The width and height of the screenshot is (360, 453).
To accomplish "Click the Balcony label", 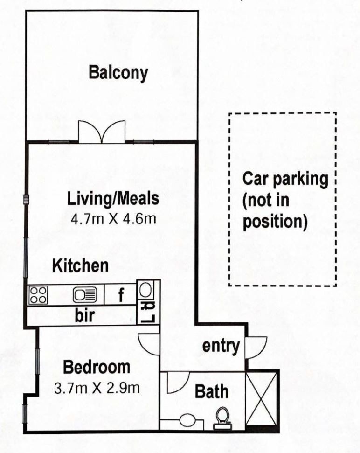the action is pyautogui.click(x=118, y=73).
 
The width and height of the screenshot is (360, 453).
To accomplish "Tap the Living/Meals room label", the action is pyautogui.click(x=113, y=199).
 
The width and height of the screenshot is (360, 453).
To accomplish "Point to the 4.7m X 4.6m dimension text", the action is pyautogui.click(x=113, y=219).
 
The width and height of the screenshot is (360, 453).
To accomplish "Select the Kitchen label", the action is pyautogui.click(x=80, y=266).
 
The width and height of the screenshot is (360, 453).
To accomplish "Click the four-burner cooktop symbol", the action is pyautogui.click(x=38, y=295).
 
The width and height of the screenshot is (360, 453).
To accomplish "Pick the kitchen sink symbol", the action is pyautogui.click(x=85, y=295).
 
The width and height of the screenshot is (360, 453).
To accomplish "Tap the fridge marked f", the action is pyautogui.click(x=120, y=295).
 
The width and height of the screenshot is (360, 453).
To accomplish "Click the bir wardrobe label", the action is pyautogui.click(x=84, y=315).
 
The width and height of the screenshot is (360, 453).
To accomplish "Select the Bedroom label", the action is pyautogui.click(x=97, y=367).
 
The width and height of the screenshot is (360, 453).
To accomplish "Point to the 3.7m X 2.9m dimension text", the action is pyautogui.click(x=97, y=388).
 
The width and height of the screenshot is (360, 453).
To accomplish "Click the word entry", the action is pyautogui.click(x=221, y=346).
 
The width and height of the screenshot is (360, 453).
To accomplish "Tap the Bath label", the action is pyautogui.click(x=212, y=391).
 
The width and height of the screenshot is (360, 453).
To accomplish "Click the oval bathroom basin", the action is pyautogui.click(x=187, y=421).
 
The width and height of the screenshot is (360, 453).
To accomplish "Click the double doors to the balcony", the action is pyautogui.click(x=102, y=132).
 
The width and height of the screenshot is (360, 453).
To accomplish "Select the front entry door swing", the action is pyautogui.click(x=260, y=348).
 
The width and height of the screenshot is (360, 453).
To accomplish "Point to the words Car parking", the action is pyautogui.click(x=285, y=179).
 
